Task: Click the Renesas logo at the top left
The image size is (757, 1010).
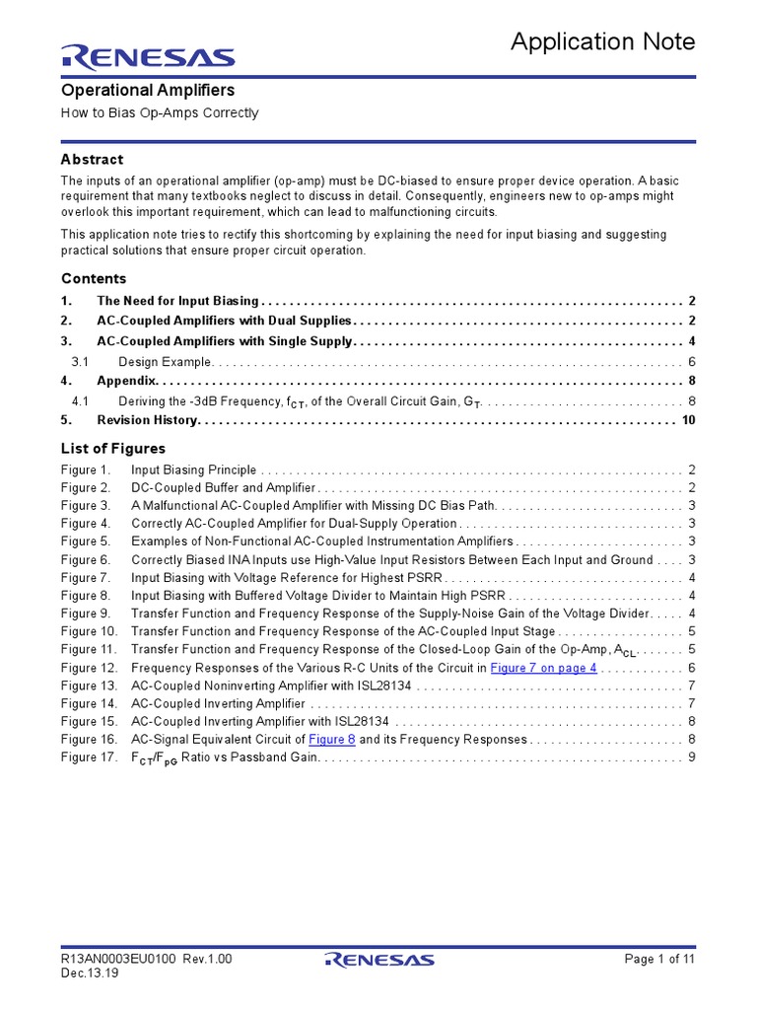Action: click(x=148, y=57)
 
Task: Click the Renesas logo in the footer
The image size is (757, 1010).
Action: click(x=378, y=960)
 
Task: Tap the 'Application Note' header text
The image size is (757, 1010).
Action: click(x=602, y=41)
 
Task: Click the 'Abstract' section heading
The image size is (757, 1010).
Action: click(x=92, y=159)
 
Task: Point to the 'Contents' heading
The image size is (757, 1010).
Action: click(x=94, y=278)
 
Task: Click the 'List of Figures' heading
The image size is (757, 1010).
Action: click(x=113, y=449)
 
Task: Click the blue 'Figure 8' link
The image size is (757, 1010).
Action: click(x=331, y=739)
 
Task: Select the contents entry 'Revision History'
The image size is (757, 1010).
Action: click(x=147, y=420)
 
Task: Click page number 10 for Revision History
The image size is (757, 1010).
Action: click(x=688, y=420)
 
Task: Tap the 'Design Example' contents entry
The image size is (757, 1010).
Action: click(x=165, y=361)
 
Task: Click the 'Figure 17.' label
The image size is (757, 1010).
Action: click(x=89, y=757)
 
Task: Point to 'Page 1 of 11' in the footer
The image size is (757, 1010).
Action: click(x=660, y=959)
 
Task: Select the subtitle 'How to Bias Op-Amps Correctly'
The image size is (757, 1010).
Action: click(x=160, y=112)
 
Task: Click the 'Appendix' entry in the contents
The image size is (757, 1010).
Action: click(x=126, y=380)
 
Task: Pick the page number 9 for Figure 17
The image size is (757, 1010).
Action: click(x=692, y=757)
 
